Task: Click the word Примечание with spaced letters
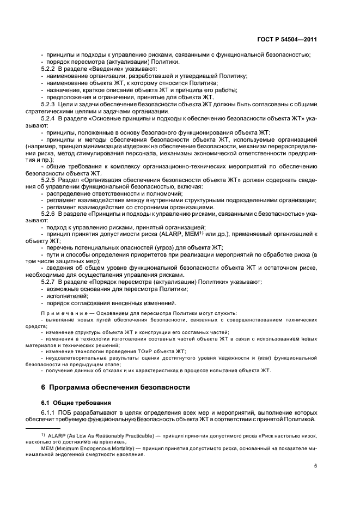(65, 314)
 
